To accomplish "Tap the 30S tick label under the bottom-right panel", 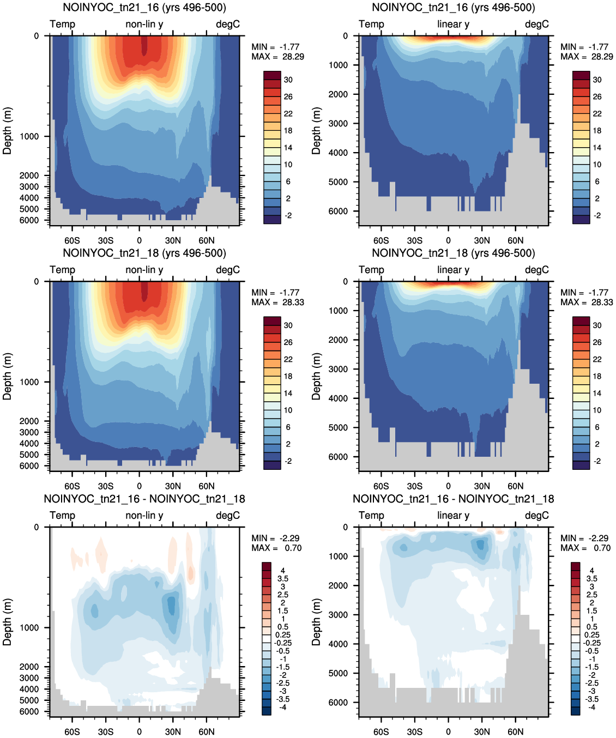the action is (x=414, y=731).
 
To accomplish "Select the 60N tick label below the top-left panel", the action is (x=207, y=240).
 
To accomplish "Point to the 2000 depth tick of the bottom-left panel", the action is (x=29, y=667).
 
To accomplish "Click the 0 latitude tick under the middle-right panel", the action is (x=448, y=486).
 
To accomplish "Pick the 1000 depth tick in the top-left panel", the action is (x=29, y=136).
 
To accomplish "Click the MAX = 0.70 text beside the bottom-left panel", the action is (x=276, y=548).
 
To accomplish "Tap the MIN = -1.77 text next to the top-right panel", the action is (x=584, y=47).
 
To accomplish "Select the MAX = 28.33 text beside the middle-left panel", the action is (x=277, y=302).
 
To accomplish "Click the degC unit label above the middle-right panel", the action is (x=537, y=270).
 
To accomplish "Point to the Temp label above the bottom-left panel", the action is (x=63, y=515).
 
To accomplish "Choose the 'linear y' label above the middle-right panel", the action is (x=454, y=270).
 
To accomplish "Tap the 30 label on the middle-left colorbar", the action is (x=288, y=325).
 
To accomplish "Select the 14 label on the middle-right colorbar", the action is (x=597, y=393).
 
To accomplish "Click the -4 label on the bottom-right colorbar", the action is (x=591, y=707).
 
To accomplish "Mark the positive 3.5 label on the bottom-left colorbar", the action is (x=283, y=579).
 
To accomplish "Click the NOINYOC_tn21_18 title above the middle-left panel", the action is (x=144, y=253).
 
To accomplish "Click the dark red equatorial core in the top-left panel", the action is (x=144, y=45).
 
